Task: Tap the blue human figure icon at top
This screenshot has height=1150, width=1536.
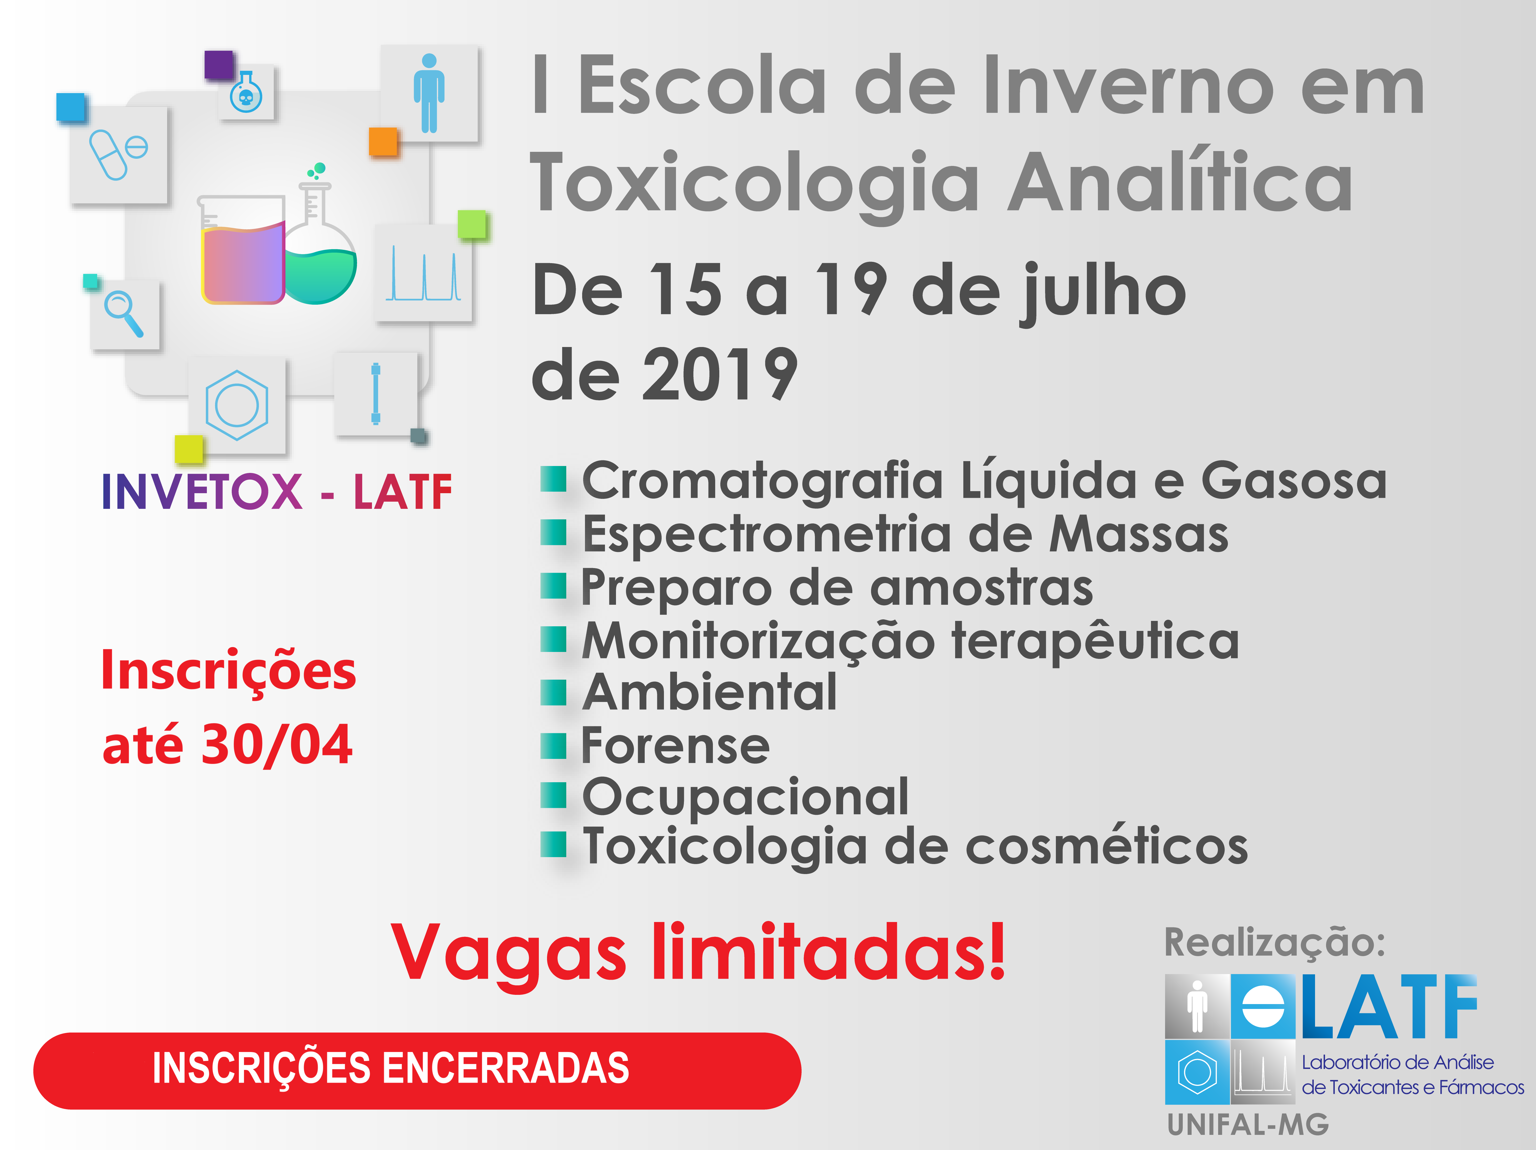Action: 429,93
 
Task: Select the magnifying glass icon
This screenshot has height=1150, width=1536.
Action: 124,313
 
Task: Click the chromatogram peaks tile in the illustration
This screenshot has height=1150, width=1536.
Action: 423,272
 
